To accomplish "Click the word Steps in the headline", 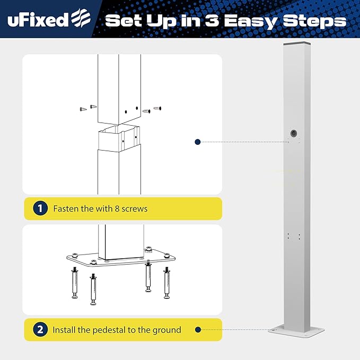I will click(x=315, y=21).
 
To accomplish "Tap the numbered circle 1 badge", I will click(x=40, y=208).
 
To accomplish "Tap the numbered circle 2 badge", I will click(x=40, y=330).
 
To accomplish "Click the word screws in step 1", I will click(x=135, y=208).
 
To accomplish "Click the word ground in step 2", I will click(x=165, y=330).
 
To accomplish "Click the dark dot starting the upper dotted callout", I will click(x=197, y=142).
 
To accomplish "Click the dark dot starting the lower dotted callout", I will click(x=197, y=330).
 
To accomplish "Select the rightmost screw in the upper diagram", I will click(x=157, y=109).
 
